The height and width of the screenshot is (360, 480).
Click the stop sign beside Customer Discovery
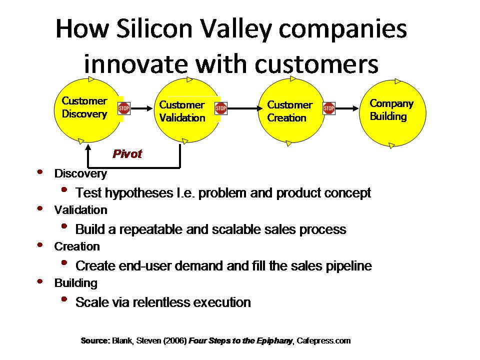(124, 108)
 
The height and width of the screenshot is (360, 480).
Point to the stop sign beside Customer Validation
(221, 108)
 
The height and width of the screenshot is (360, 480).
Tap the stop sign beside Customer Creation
(329, 108)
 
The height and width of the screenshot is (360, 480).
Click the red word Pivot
(127, 153)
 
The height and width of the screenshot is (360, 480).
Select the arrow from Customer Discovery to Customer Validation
(141, 108)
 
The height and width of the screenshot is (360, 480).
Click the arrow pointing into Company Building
(347, 108)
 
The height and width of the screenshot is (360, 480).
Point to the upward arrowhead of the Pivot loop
(88, 147)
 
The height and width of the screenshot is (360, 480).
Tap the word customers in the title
(316, 64)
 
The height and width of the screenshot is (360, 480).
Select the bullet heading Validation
(81, 210)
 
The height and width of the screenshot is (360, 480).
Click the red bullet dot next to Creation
(40, 245)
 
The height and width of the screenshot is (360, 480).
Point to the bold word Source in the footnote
(95, 340)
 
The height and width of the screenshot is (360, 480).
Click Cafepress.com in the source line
(323, 340)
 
